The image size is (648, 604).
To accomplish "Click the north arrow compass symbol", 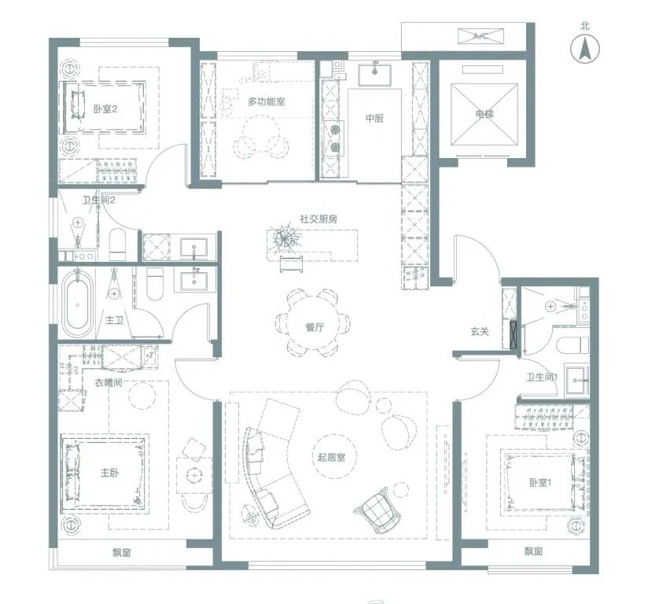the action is tap(585, 50).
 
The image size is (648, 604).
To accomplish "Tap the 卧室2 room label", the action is tap(105, 109).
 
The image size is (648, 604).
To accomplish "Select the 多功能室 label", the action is tap(267, 101).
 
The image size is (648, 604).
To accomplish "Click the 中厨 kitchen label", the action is tap(374, 118).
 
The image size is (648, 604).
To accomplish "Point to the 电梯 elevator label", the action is tap(484, 113).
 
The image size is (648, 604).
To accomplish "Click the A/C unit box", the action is tap(481, 36).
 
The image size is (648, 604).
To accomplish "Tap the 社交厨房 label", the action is tap(318, 219).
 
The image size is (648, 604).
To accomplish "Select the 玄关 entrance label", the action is tap(480, 331).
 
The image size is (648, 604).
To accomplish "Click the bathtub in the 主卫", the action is tap(77, 304).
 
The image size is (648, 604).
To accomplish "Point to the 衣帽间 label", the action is tap(109, 382).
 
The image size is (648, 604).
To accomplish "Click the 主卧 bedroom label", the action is tap(109, 472).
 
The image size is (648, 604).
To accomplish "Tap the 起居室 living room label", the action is tap(331, 457).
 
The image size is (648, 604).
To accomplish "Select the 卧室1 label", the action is tap(540, 482).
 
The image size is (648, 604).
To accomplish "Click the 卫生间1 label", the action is tap(542, 377).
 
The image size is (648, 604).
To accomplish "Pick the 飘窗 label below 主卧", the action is tap(122, 552).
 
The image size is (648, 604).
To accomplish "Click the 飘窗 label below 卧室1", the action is tap(533, 551).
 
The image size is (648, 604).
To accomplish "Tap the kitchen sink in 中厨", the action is tap(375, 75).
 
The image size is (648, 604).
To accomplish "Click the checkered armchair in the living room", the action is tap(377, 510).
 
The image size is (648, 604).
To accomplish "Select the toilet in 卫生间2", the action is tap(117, 245).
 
